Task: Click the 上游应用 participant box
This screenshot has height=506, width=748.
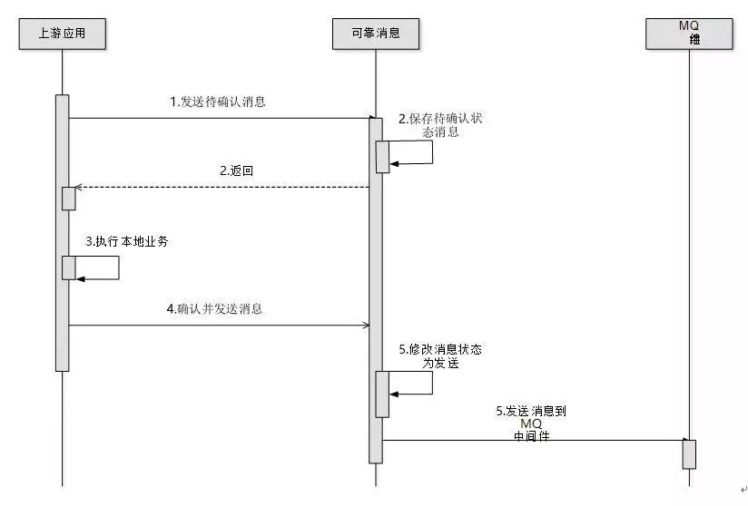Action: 63,34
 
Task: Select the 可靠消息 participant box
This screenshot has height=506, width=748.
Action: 375,34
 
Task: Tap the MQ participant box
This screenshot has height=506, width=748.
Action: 689,34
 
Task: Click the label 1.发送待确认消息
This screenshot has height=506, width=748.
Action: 219,102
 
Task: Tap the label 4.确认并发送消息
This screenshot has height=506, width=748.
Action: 215,308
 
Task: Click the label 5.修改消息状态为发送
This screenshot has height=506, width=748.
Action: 440,355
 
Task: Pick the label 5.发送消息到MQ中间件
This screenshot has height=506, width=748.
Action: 531,423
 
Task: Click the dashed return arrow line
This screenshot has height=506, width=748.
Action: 221,188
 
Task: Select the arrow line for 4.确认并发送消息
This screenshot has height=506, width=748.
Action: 219,325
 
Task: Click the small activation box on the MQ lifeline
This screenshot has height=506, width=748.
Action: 689,454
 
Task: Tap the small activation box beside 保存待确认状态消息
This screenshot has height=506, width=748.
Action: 383,156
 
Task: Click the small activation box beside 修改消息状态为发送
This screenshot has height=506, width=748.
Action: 383,394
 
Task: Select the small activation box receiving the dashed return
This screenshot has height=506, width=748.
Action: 69,199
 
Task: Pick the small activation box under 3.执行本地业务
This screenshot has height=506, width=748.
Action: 69,268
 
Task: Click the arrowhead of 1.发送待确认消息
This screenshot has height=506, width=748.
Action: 371,118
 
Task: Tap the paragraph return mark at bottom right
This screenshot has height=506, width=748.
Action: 743,490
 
